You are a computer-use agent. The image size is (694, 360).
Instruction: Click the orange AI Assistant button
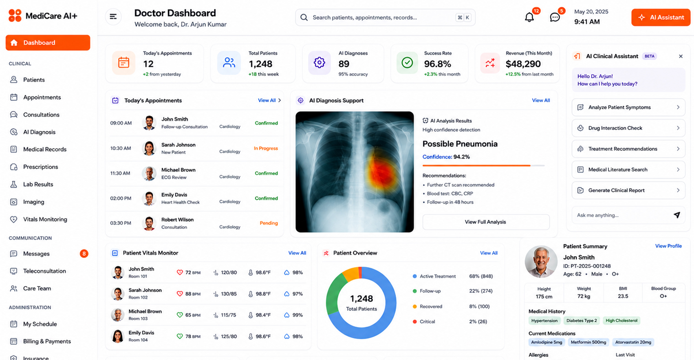tap(661, 17)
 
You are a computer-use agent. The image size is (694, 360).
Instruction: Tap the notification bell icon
tap(529, 17)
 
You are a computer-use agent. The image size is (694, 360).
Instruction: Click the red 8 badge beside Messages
tap(84, 253)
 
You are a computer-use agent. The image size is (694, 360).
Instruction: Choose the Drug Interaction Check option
tap(628, 128)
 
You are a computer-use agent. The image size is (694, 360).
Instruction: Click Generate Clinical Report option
tap(628, 190)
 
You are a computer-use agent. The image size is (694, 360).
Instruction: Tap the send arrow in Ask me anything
tap(677, 215)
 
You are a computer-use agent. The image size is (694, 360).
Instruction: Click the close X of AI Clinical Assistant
tap(681, 56)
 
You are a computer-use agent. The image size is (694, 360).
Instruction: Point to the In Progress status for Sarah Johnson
tap(266, 148)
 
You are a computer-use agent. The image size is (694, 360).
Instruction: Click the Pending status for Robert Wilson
tap(268, 223)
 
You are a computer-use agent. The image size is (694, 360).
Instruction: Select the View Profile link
tap(668, 246)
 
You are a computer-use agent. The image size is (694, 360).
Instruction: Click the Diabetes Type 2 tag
tap(581, 320)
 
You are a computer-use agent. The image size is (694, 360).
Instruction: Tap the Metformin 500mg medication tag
tap(588, 342)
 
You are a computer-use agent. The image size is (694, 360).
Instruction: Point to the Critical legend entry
tap(424, 321)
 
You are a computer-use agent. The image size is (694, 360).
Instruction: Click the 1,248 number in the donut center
tap(361, 299)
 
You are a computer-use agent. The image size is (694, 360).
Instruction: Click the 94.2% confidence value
tap(462, 157)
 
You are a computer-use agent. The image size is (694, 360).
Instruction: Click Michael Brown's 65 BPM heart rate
tap(192, 315)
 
